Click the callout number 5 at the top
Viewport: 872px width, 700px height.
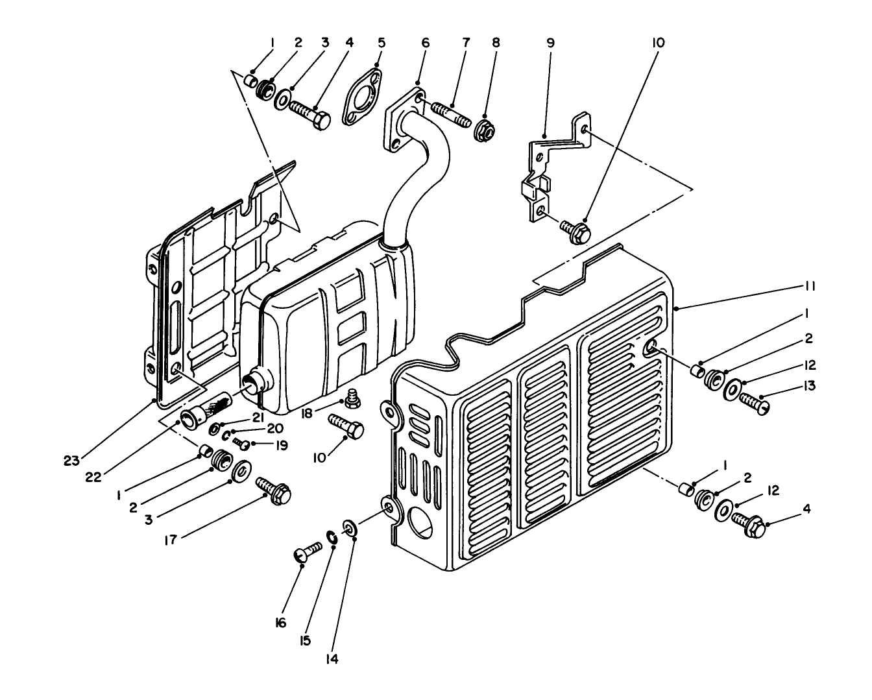pos(381,43)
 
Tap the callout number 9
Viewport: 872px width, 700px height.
pos(550,43)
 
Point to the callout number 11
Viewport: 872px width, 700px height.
pos(809,286)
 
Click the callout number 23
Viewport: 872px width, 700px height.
pos(72,461)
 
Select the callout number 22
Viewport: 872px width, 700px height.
pos(93,477)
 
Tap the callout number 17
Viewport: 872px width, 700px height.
pos(171,540)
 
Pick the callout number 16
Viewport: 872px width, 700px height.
pos(280,622)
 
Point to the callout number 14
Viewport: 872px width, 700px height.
pos(332,660)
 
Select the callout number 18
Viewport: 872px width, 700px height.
pos(307,414)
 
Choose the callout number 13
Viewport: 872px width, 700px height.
pos(809,385)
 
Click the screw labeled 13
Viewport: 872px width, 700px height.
pos(754,404)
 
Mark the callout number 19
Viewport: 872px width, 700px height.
pos(281,446)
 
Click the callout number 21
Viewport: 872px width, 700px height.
pos(258,417)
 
